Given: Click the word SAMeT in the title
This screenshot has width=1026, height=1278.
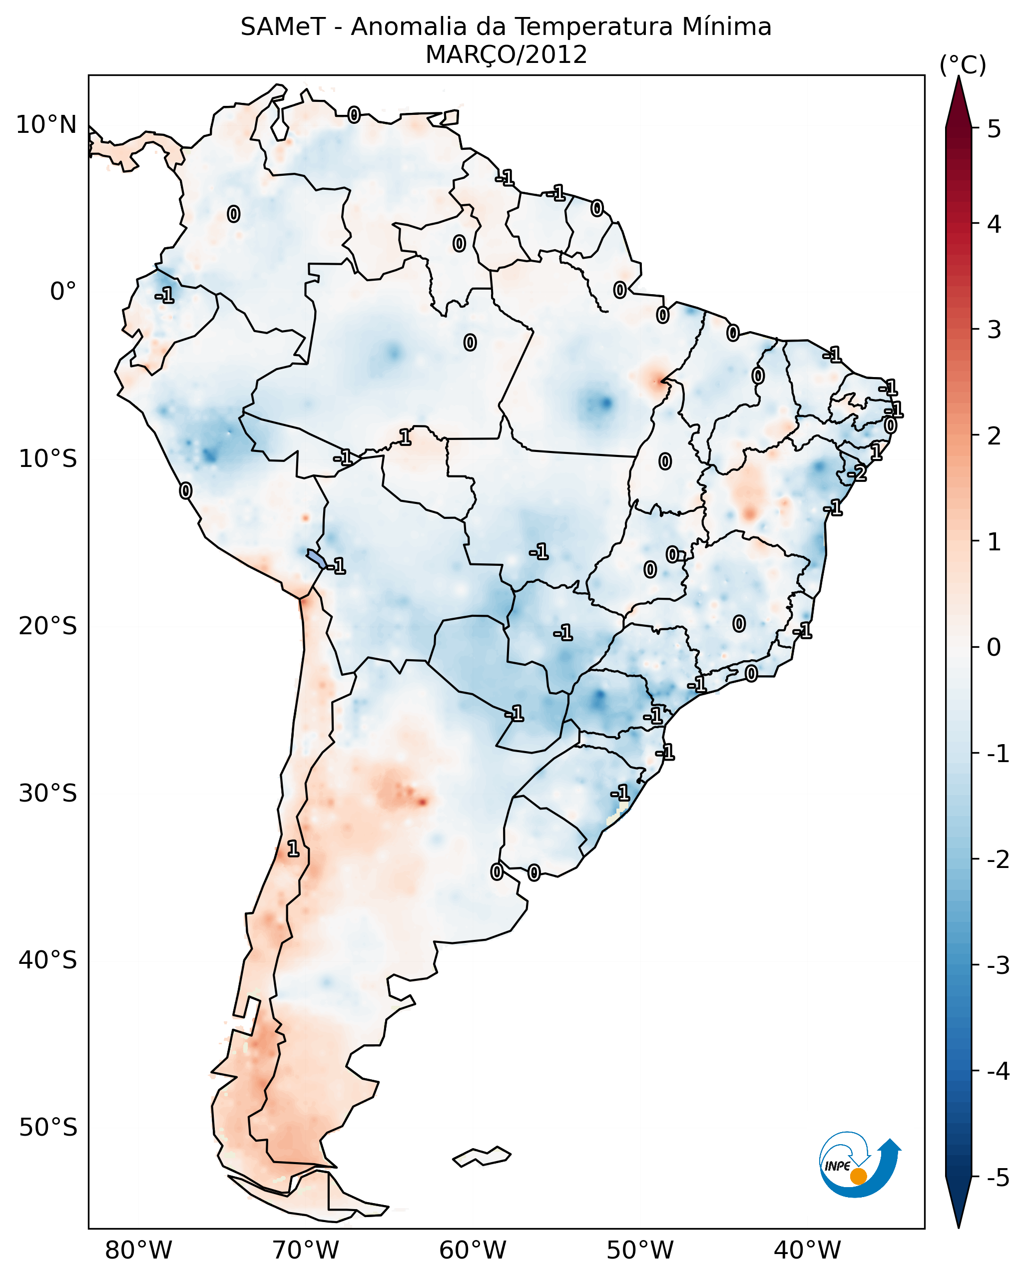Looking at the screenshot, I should [283, 27].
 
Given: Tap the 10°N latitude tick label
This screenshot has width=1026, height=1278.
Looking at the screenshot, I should [46, 125].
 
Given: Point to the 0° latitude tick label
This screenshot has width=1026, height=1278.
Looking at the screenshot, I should [63, 292].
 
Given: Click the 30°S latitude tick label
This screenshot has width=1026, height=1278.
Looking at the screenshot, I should [47, 793].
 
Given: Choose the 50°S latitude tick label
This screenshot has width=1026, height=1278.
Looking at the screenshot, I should [47, 1128].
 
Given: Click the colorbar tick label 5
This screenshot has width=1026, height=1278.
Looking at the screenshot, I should [994, 129].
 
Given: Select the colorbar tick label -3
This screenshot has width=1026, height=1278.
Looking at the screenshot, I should [998, 965].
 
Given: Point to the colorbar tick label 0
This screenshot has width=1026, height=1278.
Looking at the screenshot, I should [994, 647].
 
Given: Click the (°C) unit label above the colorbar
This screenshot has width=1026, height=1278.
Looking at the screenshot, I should [963, 65].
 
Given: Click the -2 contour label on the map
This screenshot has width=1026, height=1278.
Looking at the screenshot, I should [857, 473].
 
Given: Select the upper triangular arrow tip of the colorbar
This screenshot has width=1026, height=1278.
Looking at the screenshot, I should [959, 101].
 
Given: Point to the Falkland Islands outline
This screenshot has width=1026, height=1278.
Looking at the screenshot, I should [482, 1156].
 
